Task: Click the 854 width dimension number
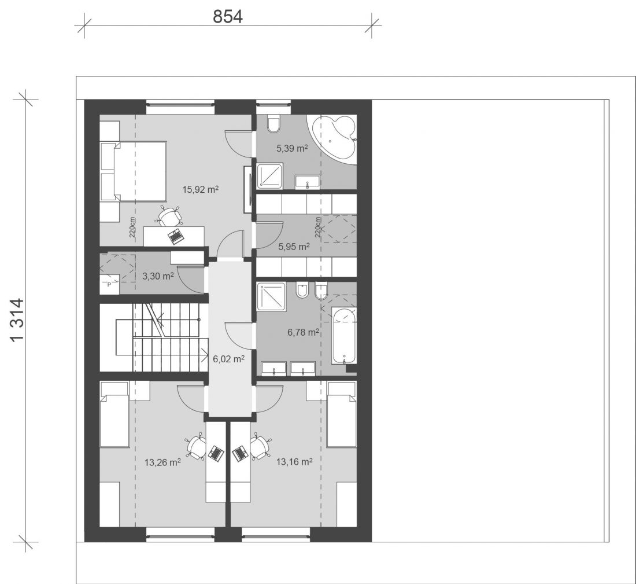pyautogui.click(x=228, y=17)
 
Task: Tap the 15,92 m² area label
pyautogui.click(x=201, y=189)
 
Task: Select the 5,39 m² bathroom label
pyautogui.click(x=292, y=148)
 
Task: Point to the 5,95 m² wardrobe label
pyautogui.click(x=294, y=246)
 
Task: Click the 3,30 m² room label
pyautogui.click(x=158, y=276)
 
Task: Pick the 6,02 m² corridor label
pyautogui.click(x=229, y=359)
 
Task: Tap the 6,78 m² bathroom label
pyautogui.click(x=304, y=332)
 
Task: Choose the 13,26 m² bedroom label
pyautogui.click(x=162, y=462)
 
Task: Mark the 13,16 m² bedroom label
pyautogui.click(x=294, y=461)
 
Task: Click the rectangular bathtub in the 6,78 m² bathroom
pyautogui.click(x=344, y=336)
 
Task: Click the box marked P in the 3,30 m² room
pyautogui.click(x=109, y=284)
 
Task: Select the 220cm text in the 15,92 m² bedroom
pyautogui.click(x=132, y=227)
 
